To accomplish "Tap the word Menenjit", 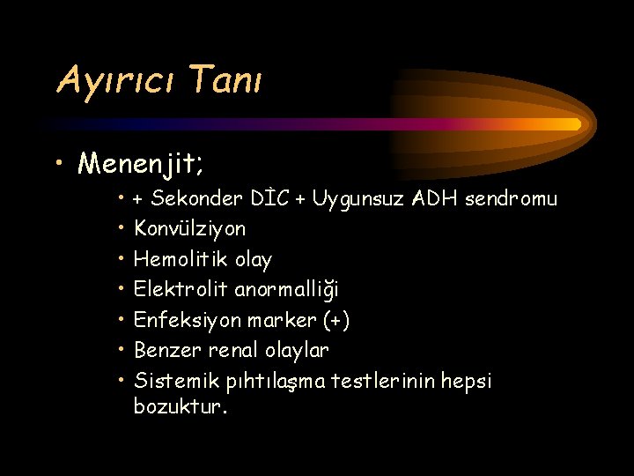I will point(140,163).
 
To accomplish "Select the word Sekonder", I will point(193,198).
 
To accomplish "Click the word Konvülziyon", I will point(189,229).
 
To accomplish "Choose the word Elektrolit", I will point(181,290).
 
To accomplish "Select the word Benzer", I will point(167,351).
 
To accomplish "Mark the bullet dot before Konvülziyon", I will point(121,229).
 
